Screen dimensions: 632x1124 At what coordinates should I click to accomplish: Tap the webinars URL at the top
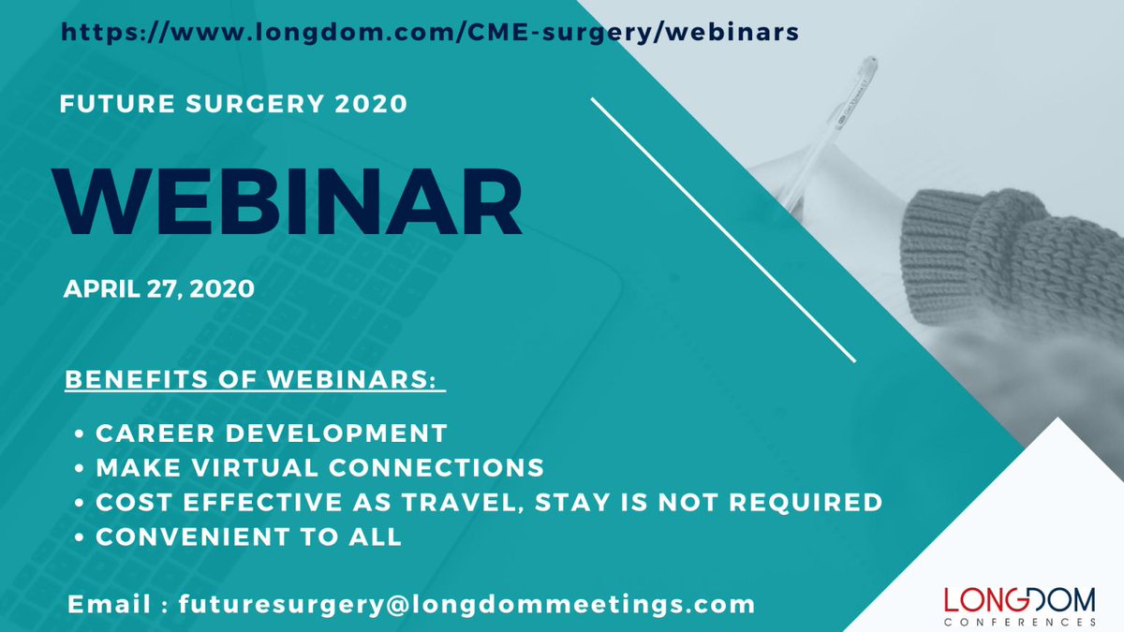coord(430,32)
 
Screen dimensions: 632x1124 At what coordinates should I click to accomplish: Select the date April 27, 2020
coord(158,289)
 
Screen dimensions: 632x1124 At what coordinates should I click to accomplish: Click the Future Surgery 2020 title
coord(233,104)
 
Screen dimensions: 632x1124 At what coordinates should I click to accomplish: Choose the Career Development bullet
coord(271,434)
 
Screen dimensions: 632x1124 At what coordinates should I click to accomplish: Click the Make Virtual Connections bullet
coord(319,466)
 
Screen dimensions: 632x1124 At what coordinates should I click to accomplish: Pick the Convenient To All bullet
coord(248,537)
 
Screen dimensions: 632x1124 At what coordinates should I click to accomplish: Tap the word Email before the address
coord(111,604)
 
